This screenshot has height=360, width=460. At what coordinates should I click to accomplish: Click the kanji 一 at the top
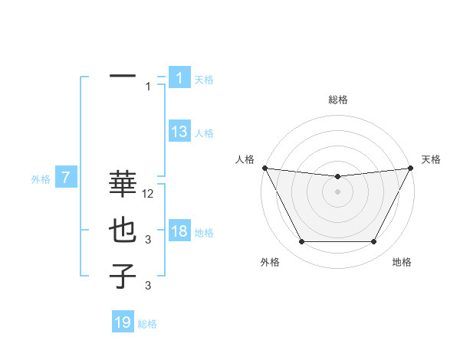point(123,77)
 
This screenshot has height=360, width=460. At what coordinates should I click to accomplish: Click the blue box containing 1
point(179,78)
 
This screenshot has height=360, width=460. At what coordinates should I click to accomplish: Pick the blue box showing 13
point(179,132)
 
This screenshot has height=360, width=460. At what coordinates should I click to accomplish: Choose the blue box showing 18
point(179,231)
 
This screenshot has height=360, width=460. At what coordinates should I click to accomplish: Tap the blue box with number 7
point(67,178)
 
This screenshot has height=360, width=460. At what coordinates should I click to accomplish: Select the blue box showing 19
point(123,322)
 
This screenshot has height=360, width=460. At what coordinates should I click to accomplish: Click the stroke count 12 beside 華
point(149,195)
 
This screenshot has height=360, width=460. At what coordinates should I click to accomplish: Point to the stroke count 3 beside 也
point(148,241)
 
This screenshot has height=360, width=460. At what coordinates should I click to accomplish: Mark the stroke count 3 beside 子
point(148,286)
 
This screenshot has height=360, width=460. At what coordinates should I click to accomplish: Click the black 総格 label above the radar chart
point(338,100)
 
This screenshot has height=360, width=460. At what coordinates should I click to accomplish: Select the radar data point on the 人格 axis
point(264,168)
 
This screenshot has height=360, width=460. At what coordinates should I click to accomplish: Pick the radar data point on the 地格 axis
point(373,242)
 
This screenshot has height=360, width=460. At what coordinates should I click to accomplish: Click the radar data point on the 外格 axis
point(301,242)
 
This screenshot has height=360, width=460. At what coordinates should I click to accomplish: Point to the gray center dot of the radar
point(337,191)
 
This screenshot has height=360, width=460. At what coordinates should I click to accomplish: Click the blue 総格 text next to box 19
point(147,323)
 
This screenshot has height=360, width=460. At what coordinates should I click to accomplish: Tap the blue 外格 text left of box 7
point(41,179)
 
